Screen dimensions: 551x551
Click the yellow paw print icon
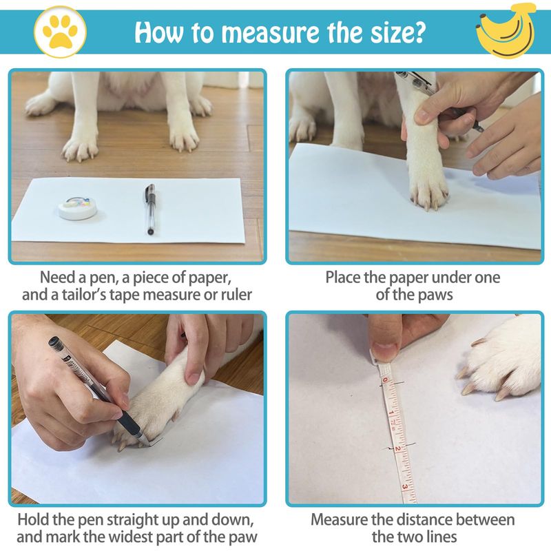pyautogui.click(x=60, y=31)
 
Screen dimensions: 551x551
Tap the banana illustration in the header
pyautogui.click(x=506, y=30)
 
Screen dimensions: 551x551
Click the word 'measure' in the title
pyautogui.click(x=271, y=32)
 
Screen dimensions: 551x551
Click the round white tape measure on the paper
pyautogui.click(x=78, y=208)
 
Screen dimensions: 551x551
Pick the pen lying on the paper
pyautogui.click(x=150, y=209)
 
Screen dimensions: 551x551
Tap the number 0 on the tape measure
pyautogui.click(x=385, y=380)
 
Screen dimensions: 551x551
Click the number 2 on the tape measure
pyautogui.click(x=398, y=449)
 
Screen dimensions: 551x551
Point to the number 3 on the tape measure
pyautogui.click(x=405, y=487)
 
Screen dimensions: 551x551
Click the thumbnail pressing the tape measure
pyautogui.click(x=385, y=351)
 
